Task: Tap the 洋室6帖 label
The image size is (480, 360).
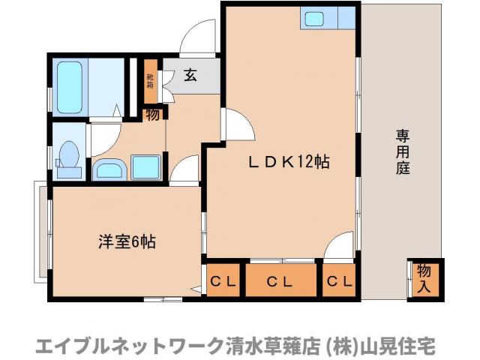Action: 127,241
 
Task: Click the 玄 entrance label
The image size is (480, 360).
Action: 190,75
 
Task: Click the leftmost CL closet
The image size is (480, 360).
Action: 223,282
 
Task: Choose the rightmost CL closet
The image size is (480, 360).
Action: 340,282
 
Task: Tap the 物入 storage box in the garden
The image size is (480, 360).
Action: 424,277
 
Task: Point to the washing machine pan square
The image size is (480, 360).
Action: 145,166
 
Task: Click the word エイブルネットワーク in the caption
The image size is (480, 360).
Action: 120,345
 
